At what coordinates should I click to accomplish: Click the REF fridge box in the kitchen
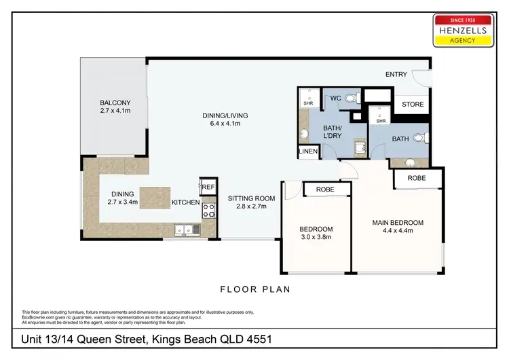point(207,186)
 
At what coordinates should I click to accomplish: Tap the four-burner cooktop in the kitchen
point(208,209)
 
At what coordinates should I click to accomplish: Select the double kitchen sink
point(185,230)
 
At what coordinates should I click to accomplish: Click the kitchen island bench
point(155,198)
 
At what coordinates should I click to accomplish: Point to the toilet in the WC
point(350,98)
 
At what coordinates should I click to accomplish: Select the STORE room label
point(413,105)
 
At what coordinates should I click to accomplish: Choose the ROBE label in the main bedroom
point(417,177)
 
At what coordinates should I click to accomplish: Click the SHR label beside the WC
point(308,104)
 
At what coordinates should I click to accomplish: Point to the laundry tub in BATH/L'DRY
point(358,146)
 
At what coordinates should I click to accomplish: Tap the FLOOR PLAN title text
point(254,289)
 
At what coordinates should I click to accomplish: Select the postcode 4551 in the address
point(261,338)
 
